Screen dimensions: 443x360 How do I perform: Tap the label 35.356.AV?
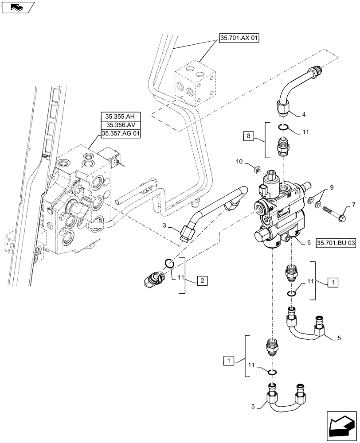(120, 125)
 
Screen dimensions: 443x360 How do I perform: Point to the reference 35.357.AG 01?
(120, 134)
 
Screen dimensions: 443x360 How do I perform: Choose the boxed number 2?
(201, 280)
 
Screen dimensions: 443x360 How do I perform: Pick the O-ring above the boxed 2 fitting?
(168, 264)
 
